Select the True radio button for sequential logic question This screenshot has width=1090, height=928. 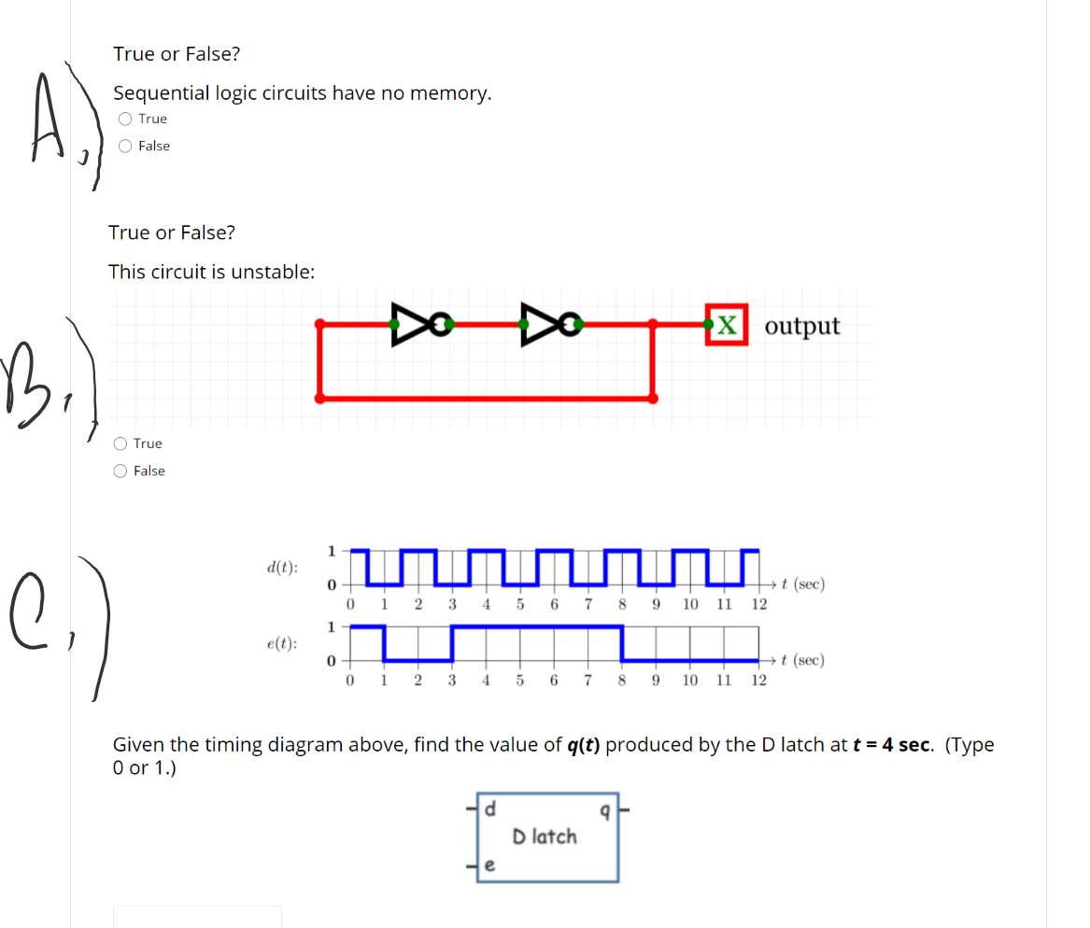coord(125,119)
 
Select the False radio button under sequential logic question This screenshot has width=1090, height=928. coord(125,146)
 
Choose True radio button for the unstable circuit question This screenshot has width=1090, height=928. coord(120,443)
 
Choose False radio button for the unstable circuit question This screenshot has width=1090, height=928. coord(120,471)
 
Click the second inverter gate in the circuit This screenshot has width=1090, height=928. coord(543,323)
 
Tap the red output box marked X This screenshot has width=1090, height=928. coord(728,325)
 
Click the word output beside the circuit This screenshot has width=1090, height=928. coord(801,326)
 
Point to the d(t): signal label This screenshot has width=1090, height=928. coord(282,568)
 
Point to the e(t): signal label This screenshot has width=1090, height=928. coord(282,643)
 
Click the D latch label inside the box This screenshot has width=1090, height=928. coord(545,837)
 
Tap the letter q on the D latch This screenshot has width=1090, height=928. coord(605,811)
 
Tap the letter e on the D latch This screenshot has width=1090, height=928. coord(491,867)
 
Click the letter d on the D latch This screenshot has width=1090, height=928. coord(491,808)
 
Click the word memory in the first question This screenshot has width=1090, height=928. coord(450,93)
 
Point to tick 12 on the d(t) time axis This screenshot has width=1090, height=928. coord(758,604)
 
